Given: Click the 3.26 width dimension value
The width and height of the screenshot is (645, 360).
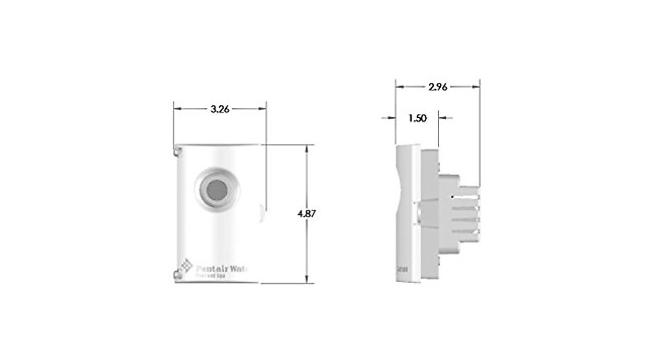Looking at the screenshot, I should coord(220,109).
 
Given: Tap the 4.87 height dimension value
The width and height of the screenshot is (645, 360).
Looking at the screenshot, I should coord(307,213).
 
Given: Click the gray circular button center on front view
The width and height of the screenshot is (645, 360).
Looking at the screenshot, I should coord(217,189).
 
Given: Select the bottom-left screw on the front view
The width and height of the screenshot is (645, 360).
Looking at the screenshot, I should coord(177,275).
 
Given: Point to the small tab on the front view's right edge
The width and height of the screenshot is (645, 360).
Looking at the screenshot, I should coord(262,212).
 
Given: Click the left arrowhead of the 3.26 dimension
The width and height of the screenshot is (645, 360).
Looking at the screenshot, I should coord(177,109).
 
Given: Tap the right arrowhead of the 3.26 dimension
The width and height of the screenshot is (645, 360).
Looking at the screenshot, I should coord(263,109).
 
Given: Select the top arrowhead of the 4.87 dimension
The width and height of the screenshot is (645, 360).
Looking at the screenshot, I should coord(307,149).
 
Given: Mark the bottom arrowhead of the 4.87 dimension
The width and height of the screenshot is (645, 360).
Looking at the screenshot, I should coord(307,279).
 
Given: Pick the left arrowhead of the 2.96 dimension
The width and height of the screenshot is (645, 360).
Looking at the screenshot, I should coord(399,87).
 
